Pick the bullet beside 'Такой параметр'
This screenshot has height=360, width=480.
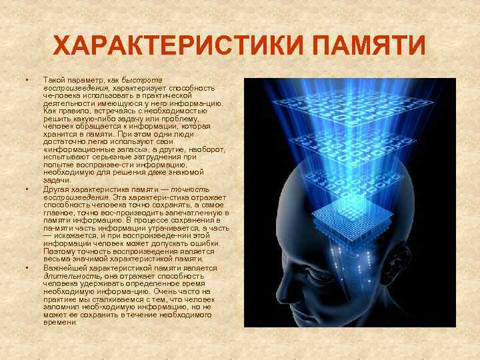pyautogui.click(x=27, y=81)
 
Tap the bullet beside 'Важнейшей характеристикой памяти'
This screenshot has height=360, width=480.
pyautogui.click(x=27, y=268)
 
